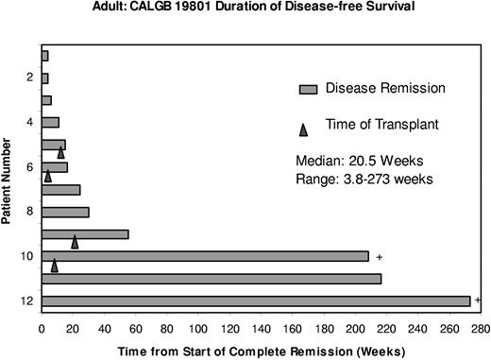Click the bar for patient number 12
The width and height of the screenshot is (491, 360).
pyautogui.click(x=255, y=300)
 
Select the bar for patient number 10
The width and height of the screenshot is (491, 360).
pyautogui.click(x=205, y=256)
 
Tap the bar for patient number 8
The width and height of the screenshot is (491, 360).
pyautogui.click(x=65, y=212)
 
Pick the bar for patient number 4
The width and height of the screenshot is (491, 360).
pyautogui.click(x=50, y=122)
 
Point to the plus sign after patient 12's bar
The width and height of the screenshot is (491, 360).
pyautogui.click(x=478, y=300)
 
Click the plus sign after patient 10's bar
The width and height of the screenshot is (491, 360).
pyautogui.click(x=378, y=256)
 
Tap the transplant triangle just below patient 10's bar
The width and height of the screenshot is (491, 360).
pyautogui.click(x=55, y=266)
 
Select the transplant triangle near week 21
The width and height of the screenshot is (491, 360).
pyautogui.click(x=75, y=243)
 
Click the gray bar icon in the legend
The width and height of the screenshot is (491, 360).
pyautogui.click(x=307, y=90)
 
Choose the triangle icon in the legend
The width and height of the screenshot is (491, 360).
pyautogui.click(x=305, y=124)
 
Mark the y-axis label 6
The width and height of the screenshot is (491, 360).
pyautogui.click(x=30, y=167)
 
